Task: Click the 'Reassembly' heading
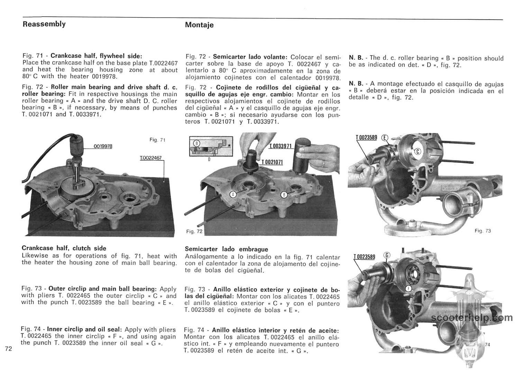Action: pyautogui.click(x=44, y=24)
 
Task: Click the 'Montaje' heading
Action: pyautogui.click(x=199, y=25)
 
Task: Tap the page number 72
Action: pyautogui.click(x=9, y=349)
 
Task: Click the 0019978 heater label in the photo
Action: pyautogui.click(x=103, y=146)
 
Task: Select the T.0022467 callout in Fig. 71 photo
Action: pyautogui.click(x=151, y=158)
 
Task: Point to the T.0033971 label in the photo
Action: pyautogui.click(x=281, y=146)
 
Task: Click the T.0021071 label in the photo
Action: pyautogui.click(x=272, y=162)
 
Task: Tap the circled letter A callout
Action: pyautogui.click(x=233, y=195)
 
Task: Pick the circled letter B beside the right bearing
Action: pyautogui.click(x=284, y=195)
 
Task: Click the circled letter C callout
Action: pyautogui.click(x=417, y=151)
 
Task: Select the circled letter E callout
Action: pyautogui.click(x=385, y=137)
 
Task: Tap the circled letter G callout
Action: pyautogui.click(x=388, y=255)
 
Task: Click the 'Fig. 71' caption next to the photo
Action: pyautogui.click(x=157, y=140)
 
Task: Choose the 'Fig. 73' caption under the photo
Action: pyautogui.click(x=483, y=231)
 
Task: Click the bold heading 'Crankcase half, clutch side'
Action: pyautogui.click(x=64, y=248)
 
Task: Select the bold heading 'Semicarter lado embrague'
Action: pyautogui.click(x=226, y=249)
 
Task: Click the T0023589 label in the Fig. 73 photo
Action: pyautogui.click(x=366, y=137)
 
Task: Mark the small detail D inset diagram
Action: pyautogui.click(x=210, y=148)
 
